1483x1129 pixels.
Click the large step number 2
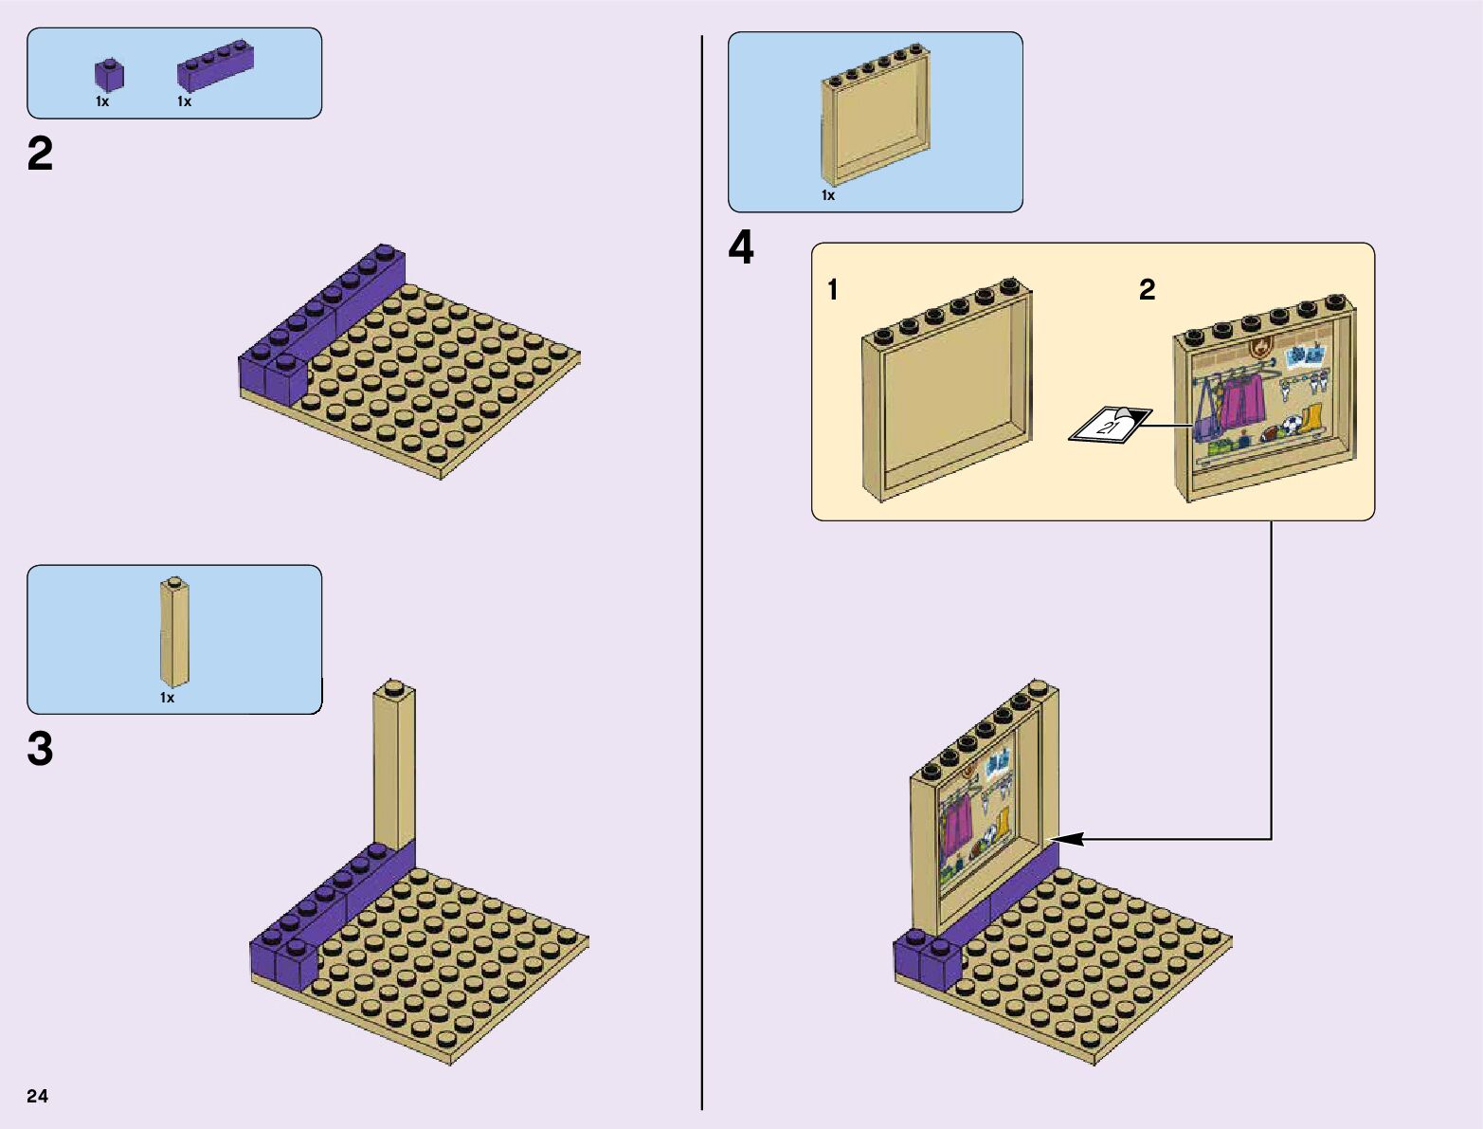40,155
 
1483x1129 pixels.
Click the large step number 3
40,749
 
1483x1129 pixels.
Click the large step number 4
741,248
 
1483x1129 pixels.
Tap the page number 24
37,1096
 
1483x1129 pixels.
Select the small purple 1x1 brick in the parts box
109,75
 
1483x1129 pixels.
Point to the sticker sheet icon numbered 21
1110,425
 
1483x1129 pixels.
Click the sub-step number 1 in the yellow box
833,290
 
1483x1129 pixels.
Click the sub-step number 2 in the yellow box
1147,290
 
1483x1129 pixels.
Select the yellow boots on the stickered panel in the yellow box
1310,419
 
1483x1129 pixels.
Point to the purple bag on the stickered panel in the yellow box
1205,421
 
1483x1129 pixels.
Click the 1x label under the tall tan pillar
167,699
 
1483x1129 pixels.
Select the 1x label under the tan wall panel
828,196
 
